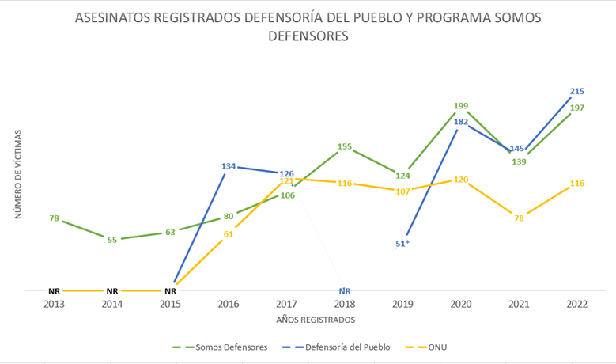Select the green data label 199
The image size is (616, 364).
tap(462, 105)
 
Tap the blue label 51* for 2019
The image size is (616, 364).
tap(402, 243)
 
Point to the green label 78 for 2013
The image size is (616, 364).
tap(55, 218)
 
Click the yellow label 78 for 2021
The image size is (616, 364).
tap(520, 218)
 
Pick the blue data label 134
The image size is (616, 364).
tap(229, 166)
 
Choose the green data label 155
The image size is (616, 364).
tap(344, 146)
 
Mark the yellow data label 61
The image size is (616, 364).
tap(229, 233)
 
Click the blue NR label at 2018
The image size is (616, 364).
tap(344, 291)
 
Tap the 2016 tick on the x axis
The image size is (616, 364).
tap(229, 305)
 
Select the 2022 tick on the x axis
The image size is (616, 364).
tap(576, 305)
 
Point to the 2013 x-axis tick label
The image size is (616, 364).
tap(55, 305)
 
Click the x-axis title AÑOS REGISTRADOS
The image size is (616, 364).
tap(316, 320)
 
